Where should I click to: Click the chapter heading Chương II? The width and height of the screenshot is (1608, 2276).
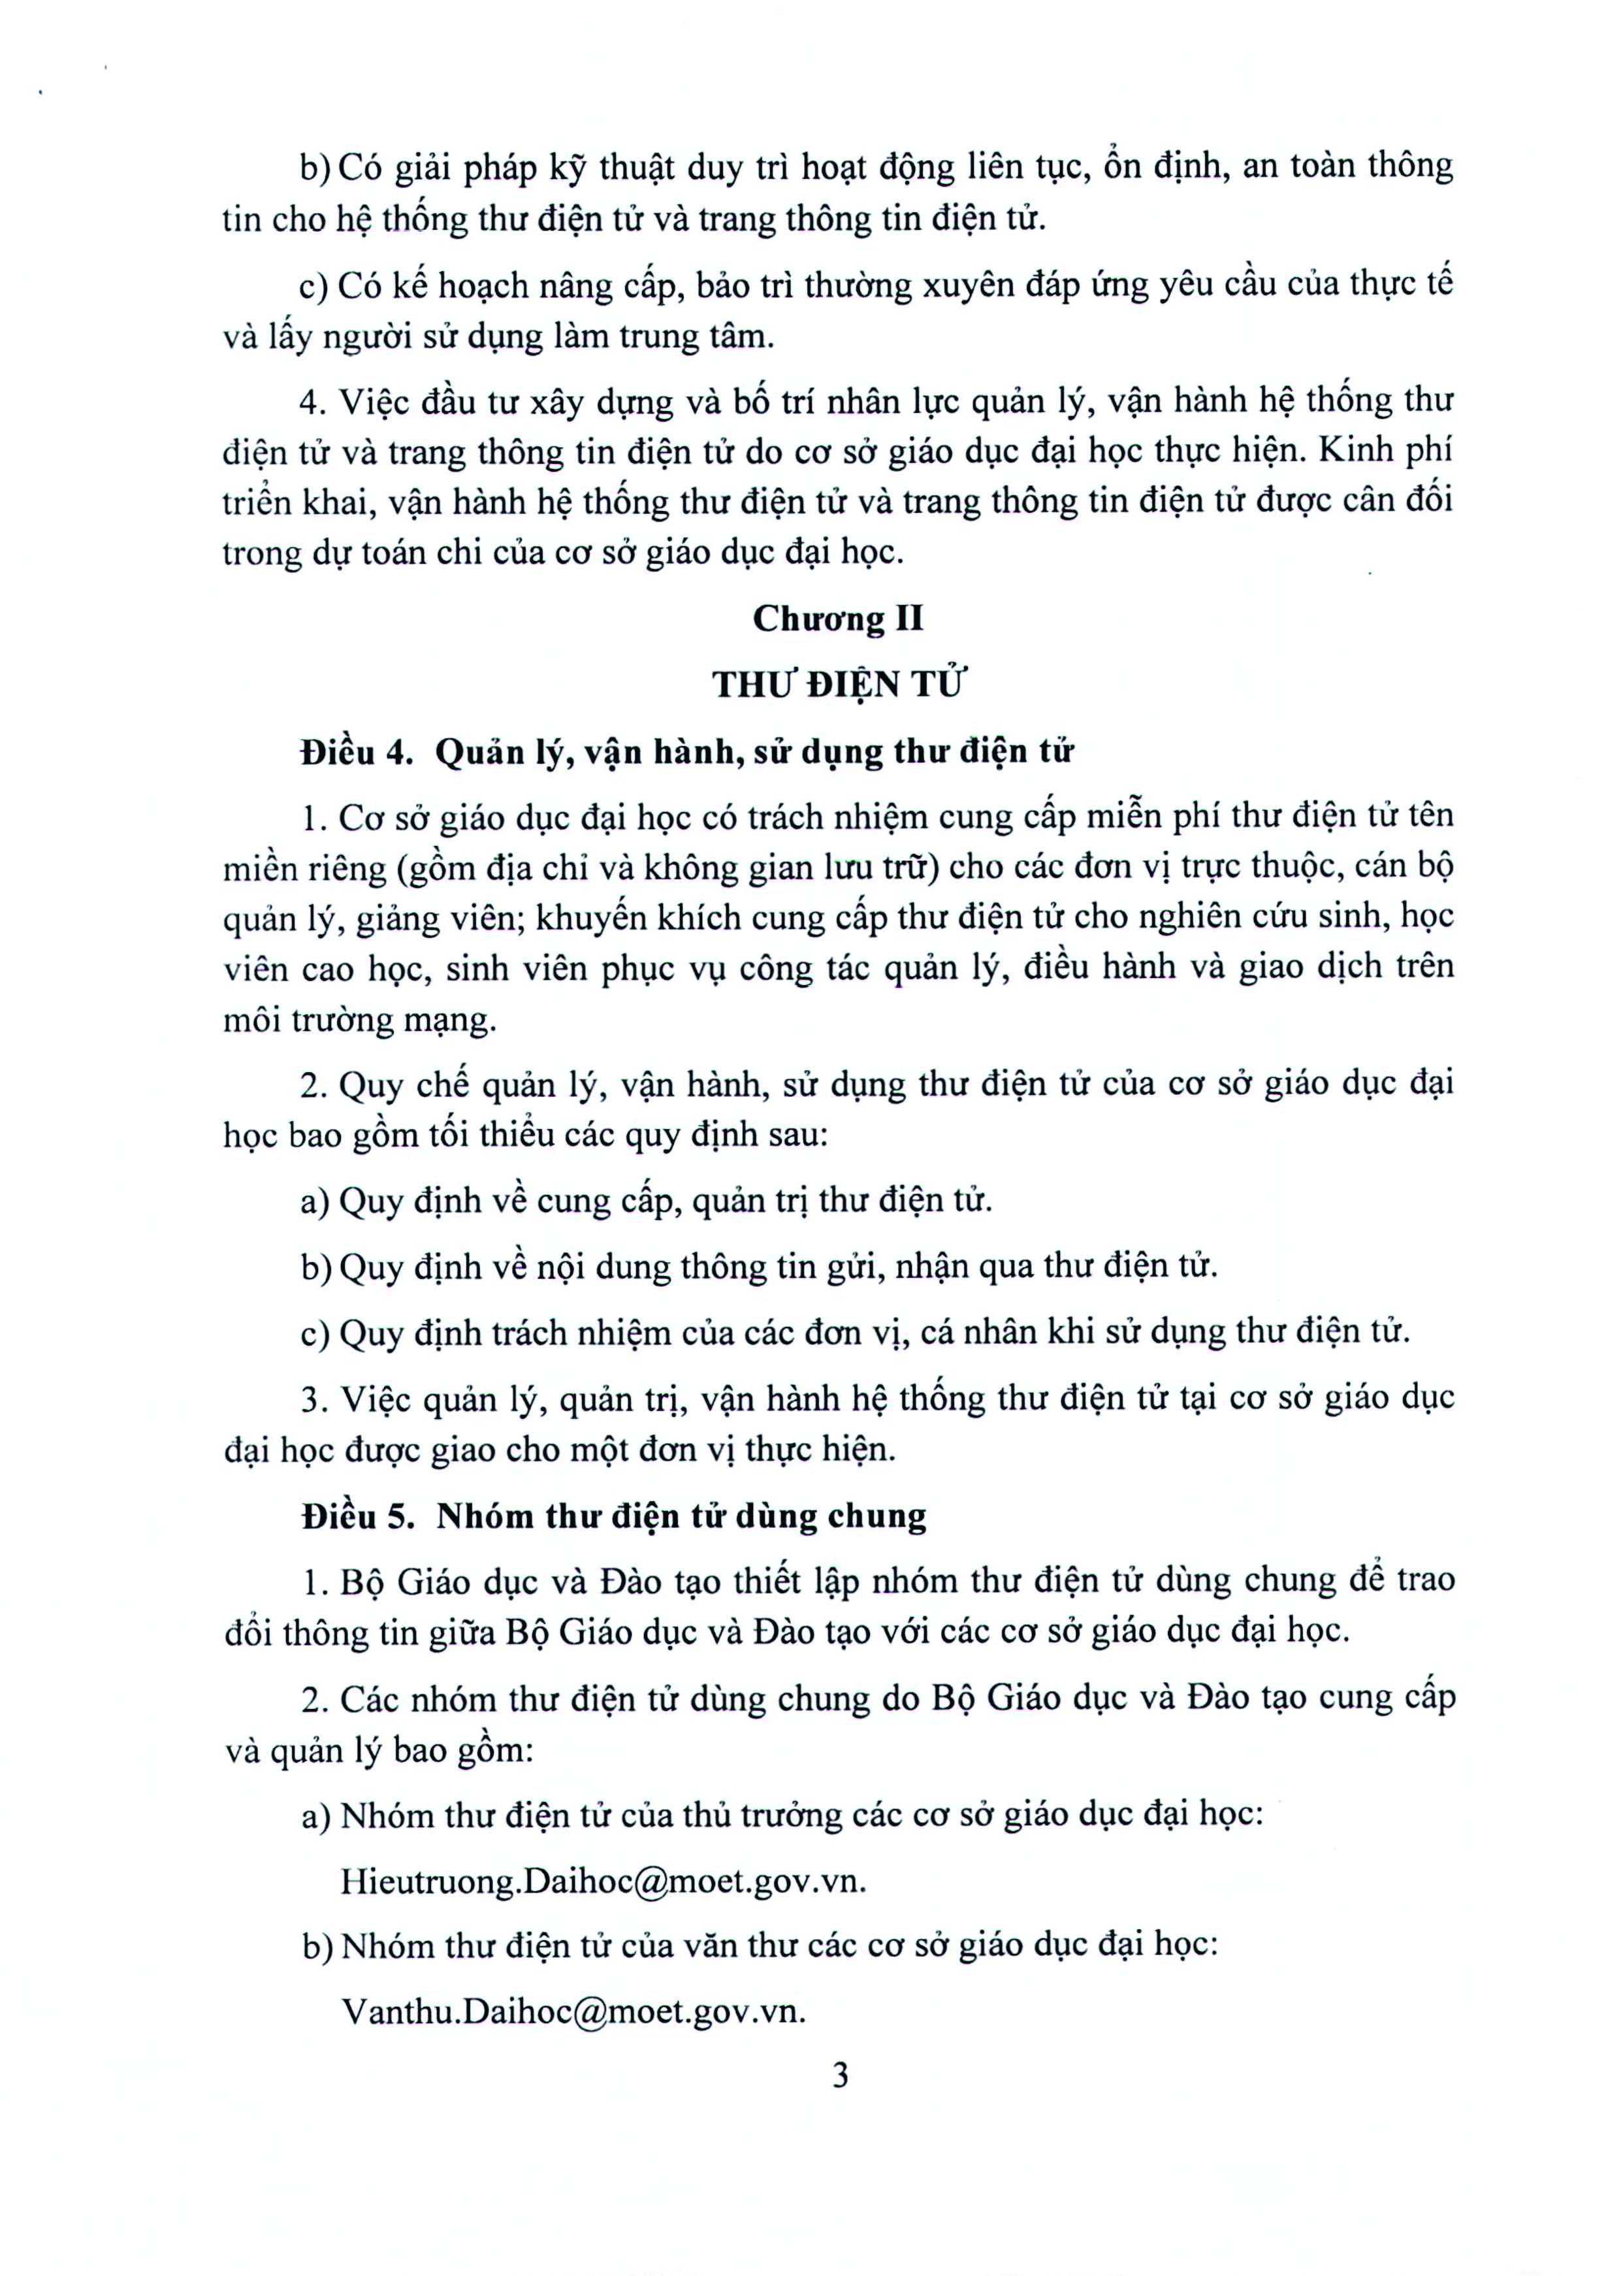point(838,619)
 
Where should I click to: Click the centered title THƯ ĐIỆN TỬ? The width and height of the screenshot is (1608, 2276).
point(838,685)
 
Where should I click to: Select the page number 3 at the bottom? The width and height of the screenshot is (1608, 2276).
point(841,2075)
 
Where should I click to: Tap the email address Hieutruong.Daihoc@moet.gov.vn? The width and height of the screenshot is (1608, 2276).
point(603,1881)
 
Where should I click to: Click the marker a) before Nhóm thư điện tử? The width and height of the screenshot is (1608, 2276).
point(315,1816)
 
